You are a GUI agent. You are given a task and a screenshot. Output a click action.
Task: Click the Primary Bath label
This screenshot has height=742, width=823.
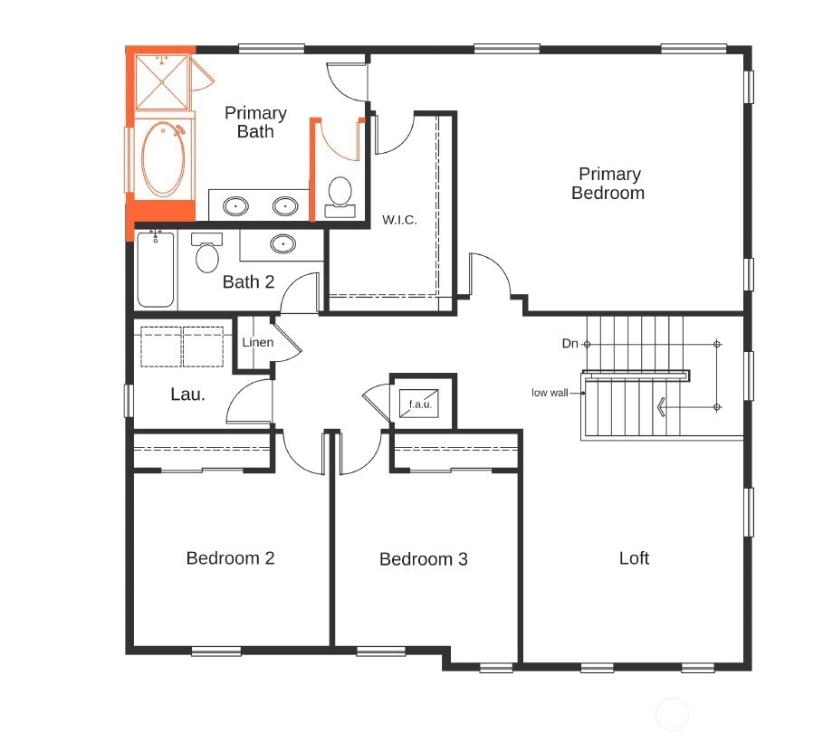click(x=255, y=122)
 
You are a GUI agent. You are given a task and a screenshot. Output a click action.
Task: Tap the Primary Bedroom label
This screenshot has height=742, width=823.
click(x=608, y=183)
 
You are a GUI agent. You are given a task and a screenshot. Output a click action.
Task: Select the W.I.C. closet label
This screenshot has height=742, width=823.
click(x=399, y=220)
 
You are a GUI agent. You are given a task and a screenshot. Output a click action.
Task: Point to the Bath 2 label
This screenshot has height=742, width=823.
click(x=248, y=281)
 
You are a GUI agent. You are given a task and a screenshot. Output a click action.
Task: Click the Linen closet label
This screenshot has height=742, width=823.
click(x=258, y=342)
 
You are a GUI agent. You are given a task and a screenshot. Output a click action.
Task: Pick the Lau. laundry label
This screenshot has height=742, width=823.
click(x=188, y=395)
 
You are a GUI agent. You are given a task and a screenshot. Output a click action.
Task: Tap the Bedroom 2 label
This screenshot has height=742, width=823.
click(x=230, y=557)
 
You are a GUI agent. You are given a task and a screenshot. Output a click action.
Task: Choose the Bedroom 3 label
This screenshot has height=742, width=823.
click(x=424, y=559)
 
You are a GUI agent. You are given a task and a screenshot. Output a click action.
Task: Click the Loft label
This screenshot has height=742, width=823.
click(x=634, y=557)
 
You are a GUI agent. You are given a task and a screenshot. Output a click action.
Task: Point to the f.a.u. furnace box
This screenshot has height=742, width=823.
click(x=419, y=404)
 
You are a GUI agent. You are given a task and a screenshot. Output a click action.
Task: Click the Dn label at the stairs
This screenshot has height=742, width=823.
click(x=570, y=343)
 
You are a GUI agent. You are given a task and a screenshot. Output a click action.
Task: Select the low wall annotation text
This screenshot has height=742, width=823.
click(x=550, y=393)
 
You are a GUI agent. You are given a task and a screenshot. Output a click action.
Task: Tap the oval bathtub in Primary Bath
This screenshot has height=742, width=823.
click(x=163, y=159)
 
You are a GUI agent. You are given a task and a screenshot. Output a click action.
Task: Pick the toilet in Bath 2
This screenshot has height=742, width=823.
click(x=207, y=252)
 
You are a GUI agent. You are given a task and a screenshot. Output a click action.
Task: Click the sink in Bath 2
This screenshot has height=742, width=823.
click(x=282, y=244)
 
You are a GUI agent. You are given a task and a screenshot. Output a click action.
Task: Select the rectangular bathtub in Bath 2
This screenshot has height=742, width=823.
click(x=156, y=270)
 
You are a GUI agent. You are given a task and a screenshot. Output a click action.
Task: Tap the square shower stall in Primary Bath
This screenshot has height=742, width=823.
click(x=162, y=81)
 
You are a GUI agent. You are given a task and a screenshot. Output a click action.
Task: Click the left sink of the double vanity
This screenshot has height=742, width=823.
click(x=235, y=206)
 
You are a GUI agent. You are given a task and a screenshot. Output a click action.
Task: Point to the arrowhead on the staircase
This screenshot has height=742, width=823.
click(x=661, y=406)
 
